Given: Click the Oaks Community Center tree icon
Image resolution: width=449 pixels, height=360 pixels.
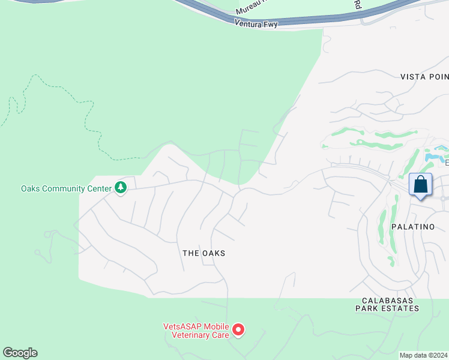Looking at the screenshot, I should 121,188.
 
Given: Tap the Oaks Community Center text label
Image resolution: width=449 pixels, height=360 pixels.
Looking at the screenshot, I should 66,188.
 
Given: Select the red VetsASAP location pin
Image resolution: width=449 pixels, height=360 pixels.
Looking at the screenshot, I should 238,329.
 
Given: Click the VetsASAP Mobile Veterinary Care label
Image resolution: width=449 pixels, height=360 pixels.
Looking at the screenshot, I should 196,331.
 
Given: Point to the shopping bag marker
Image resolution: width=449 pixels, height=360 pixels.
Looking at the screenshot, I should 421,185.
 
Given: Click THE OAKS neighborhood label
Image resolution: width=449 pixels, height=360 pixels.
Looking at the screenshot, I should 204,253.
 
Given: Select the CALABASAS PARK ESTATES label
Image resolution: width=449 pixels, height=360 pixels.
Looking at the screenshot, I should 387,304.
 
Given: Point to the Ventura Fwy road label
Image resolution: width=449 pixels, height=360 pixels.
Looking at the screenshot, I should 256,22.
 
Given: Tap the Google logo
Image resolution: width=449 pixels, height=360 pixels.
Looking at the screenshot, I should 20,353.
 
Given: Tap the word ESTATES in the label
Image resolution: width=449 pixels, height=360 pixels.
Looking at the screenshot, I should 400,308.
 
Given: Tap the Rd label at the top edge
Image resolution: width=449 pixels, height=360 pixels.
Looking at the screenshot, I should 357,5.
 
